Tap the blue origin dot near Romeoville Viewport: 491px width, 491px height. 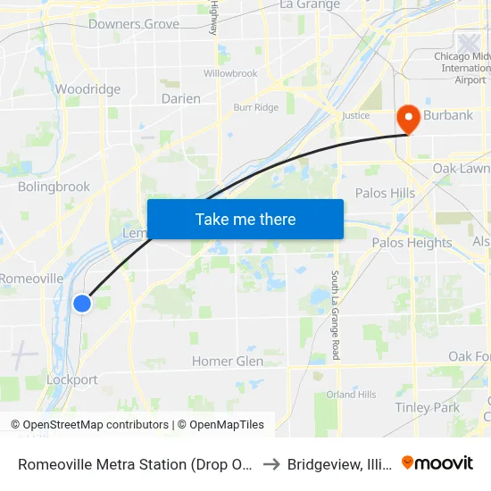tap(81, 304)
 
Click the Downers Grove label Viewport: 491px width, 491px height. tap(134, 24)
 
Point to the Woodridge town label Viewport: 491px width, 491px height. tap(87, 89)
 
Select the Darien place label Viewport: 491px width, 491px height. tap(181, 99)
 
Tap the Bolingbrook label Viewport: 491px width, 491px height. tap(54, 187)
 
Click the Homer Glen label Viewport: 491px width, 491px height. tap(227, 362)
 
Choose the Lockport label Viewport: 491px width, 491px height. tap(72, 379)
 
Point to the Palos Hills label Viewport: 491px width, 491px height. tap(385, 193)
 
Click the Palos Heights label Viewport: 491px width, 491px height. tap(412, 243)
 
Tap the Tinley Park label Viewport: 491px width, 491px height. tap(428, 407)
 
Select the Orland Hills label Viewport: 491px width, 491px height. tap(351, 394)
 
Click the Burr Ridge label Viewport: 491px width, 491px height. tap(255, 108)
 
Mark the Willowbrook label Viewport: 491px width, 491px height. tap(230, 73)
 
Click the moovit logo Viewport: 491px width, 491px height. tap(437, 462)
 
